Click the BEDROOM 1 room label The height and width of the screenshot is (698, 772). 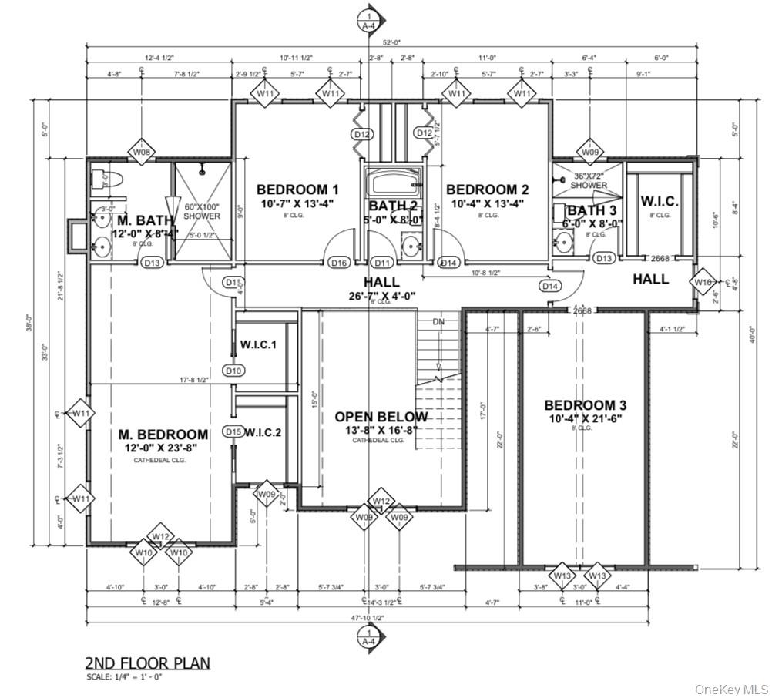[297, 190]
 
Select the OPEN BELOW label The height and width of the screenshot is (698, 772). [381, 417]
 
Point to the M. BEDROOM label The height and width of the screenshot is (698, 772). [163, 435]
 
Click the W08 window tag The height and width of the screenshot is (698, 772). [142, 153]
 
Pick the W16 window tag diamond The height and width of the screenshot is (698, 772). [703, 282]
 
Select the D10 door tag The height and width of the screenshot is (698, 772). [234, 371]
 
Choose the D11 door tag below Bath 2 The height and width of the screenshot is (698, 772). [381, 263]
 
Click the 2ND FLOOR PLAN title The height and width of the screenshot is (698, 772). [146, 663]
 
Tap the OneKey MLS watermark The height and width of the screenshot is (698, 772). [731, 688]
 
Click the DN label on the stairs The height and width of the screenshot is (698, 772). [438, 321]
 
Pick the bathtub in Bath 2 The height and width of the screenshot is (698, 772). [393, 183]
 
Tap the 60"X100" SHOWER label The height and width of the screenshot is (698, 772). [201, 211]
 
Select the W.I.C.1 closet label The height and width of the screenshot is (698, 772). [258, 344]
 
